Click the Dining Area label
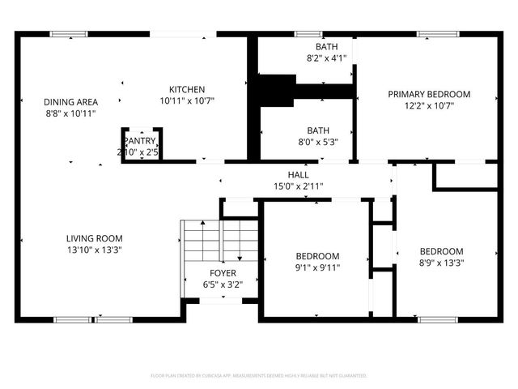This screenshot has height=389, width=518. point(71,101)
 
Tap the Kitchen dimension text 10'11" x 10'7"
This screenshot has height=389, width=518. point(186,101)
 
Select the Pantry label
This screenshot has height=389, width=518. point(139,140)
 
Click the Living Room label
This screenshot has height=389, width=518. point(95,238)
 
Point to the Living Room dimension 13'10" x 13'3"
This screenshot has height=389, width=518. point(95,250)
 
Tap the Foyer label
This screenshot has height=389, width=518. point(223,273)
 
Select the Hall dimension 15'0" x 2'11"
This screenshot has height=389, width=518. point(299,186)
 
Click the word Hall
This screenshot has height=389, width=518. point(299,174)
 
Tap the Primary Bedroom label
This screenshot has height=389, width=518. point(429,94)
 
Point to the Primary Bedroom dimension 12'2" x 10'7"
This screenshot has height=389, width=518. point(429,105)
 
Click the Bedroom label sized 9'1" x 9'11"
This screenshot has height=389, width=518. point(317,256)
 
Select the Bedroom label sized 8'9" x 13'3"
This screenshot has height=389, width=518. point(441,251)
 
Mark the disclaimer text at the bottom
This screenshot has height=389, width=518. point(259,376)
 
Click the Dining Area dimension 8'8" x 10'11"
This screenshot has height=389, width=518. point(71,113)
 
